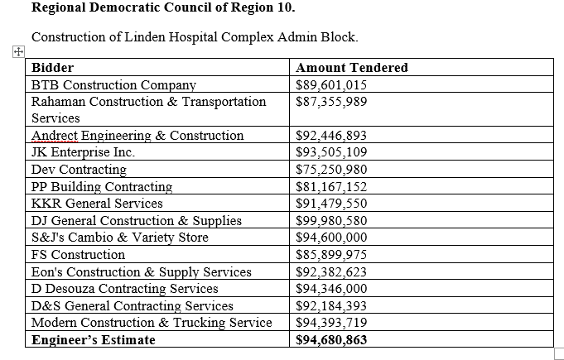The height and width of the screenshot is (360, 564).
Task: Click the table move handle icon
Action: tap(18, 52)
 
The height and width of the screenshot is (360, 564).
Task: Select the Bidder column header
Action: tap(52, 68)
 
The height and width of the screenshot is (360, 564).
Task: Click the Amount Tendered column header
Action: tap(352, 68)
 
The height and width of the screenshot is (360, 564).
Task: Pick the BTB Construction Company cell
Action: tap(113, 84)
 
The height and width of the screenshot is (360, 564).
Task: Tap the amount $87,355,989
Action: tap(331, 102)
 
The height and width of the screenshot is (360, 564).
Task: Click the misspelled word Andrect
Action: tap(55, 136)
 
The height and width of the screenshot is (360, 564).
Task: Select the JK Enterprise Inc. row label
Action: tap(83, 152)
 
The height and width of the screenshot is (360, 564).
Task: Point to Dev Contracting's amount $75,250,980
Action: tap(331, 170)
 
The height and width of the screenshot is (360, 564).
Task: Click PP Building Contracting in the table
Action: tap(102, 187)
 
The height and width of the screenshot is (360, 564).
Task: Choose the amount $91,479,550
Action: tap(331, 204)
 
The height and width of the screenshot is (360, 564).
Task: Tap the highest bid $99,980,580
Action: tap(331, 221)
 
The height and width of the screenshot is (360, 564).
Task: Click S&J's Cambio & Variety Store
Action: tap(120, 238)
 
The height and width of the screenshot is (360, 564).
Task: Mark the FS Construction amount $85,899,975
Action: tap(331, 255)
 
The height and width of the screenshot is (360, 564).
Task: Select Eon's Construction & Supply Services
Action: tap(142, 272)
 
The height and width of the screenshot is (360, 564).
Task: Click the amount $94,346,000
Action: tap(331, 289)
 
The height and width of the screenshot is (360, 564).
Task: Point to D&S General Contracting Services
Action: tap(133, 305)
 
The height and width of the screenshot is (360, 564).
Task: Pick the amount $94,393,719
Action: tap(331, 323)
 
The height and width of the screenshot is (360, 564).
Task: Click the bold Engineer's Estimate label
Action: tap(94, 340)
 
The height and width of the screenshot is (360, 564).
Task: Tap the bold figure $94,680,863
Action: tap(331, 340)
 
